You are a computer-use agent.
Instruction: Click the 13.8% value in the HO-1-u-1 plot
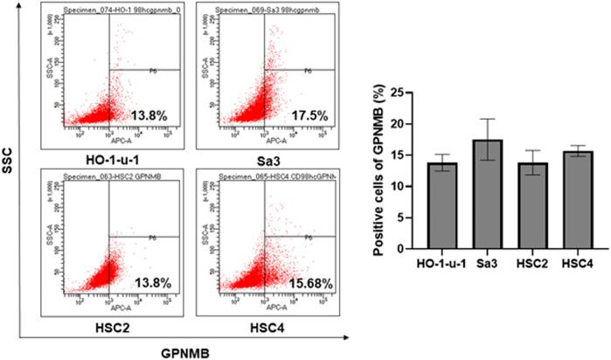[x=151, y=114]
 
